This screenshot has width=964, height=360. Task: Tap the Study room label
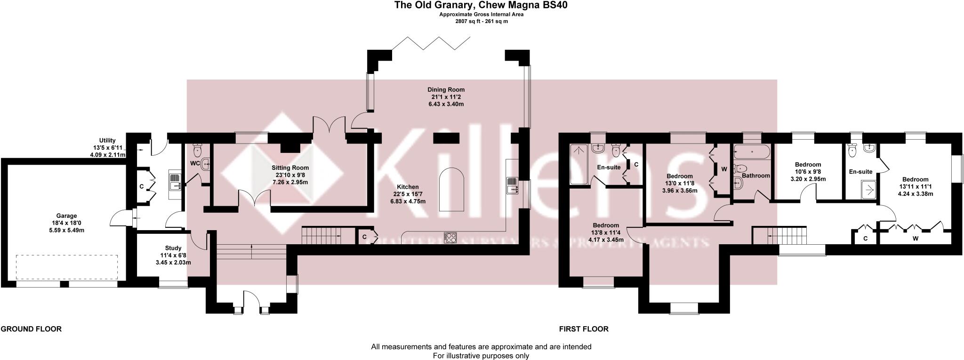(x=173, y=248)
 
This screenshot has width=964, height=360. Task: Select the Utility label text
(x=107, y=140)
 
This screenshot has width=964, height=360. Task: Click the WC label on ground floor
(x=194, y=163)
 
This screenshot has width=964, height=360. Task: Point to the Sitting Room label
(x=290, y=168)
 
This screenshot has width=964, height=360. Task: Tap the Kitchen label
(x=407, y=187)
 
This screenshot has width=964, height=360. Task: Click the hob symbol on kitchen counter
(x=450, y=238)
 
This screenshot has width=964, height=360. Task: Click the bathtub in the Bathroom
(x=752, y=152)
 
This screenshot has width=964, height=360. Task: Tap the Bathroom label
(x=755, y=176)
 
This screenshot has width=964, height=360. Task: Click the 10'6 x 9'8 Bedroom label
(x=808, y=165)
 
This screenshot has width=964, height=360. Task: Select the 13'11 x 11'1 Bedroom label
(x=915, y=179)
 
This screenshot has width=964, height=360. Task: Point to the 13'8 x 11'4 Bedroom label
(x=606, y=225)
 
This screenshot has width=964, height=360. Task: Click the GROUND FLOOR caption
(x=31, y=329)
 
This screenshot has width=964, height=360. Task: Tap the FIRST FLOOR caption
(x=584, y=329)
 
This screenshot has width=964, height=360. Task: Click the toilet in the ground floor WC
(x=197, y=150)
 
